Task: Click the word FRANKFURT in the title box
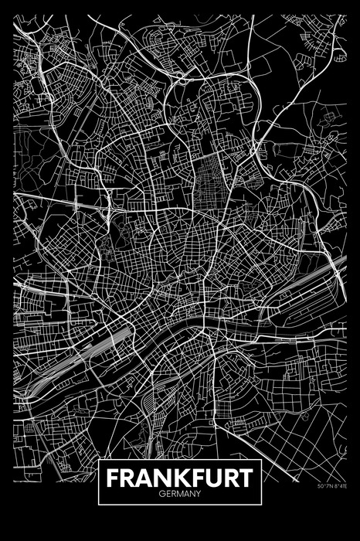pos(180,478)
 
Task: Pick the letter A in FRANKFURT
pos(139,478)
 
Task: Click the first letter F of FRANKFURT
pos(113,478)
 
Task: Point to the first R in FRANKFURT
pos(125,478)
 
